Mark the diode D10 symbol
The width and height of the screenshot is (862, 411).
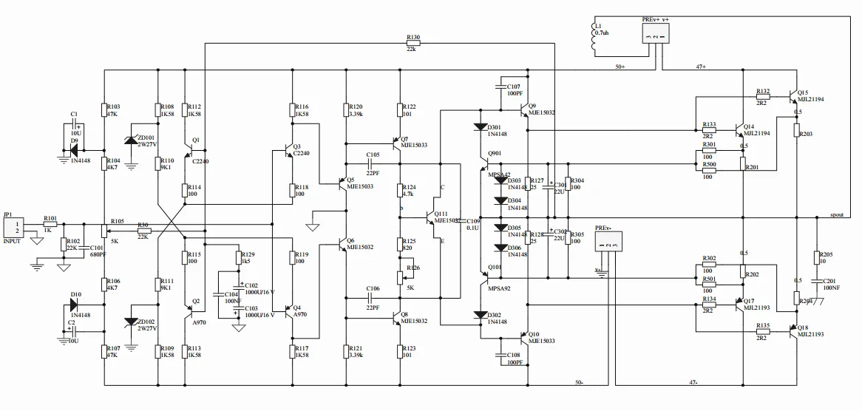[75, 304]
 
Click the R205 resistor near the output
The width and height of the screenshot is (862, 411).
[817, 257]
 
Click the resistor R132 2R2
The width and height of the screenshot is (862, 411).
[763, 96]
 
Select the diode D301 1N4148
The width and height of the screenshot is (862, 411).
[481, 127]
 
